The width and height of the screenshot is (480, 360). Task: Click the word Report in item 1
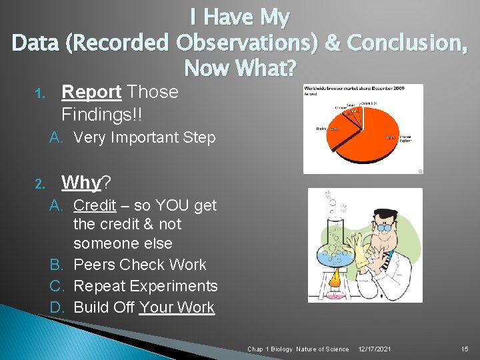pos(91,92)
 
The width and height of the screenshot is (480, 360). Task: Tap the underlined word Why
pos(81,182)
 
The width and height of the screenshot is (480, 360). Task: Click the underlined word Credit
pos(95,205)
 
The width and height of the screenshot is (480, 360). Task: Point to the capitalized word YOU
pos(151,205)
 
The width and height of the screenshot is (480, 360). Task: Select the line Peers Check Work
pos(140,265)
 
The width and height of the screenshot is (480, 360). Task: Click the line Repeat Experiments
pos(145,286)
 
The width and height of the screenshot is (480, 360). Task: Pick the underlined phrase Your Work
pos(177,307)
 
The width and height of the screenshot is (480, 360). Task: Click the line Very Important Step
pos(145,138)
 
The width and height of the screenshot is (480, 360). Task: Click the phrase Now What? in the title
pos(239,67)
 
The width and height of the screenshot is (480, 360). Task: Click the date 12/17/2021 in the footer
pos(375,349)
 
